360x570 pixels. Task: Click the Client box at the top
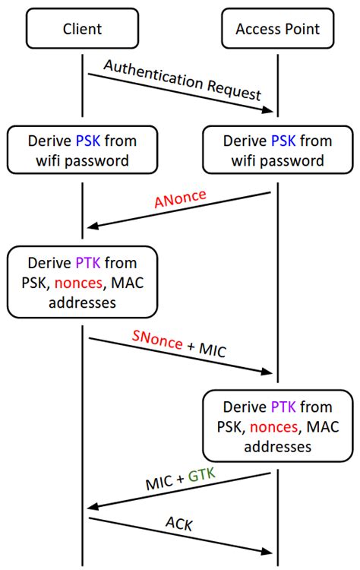[83, 30]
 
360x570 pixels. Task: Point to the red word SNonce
[157, 343]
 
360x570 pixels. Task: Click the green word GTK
[202, 475]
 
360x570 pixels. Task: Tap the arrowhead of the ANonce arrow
[93, 224]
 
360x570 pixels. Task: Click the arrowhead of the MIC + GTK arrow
[93, 506]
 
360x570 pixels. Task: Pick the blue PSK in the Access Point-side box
[279, 141]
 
